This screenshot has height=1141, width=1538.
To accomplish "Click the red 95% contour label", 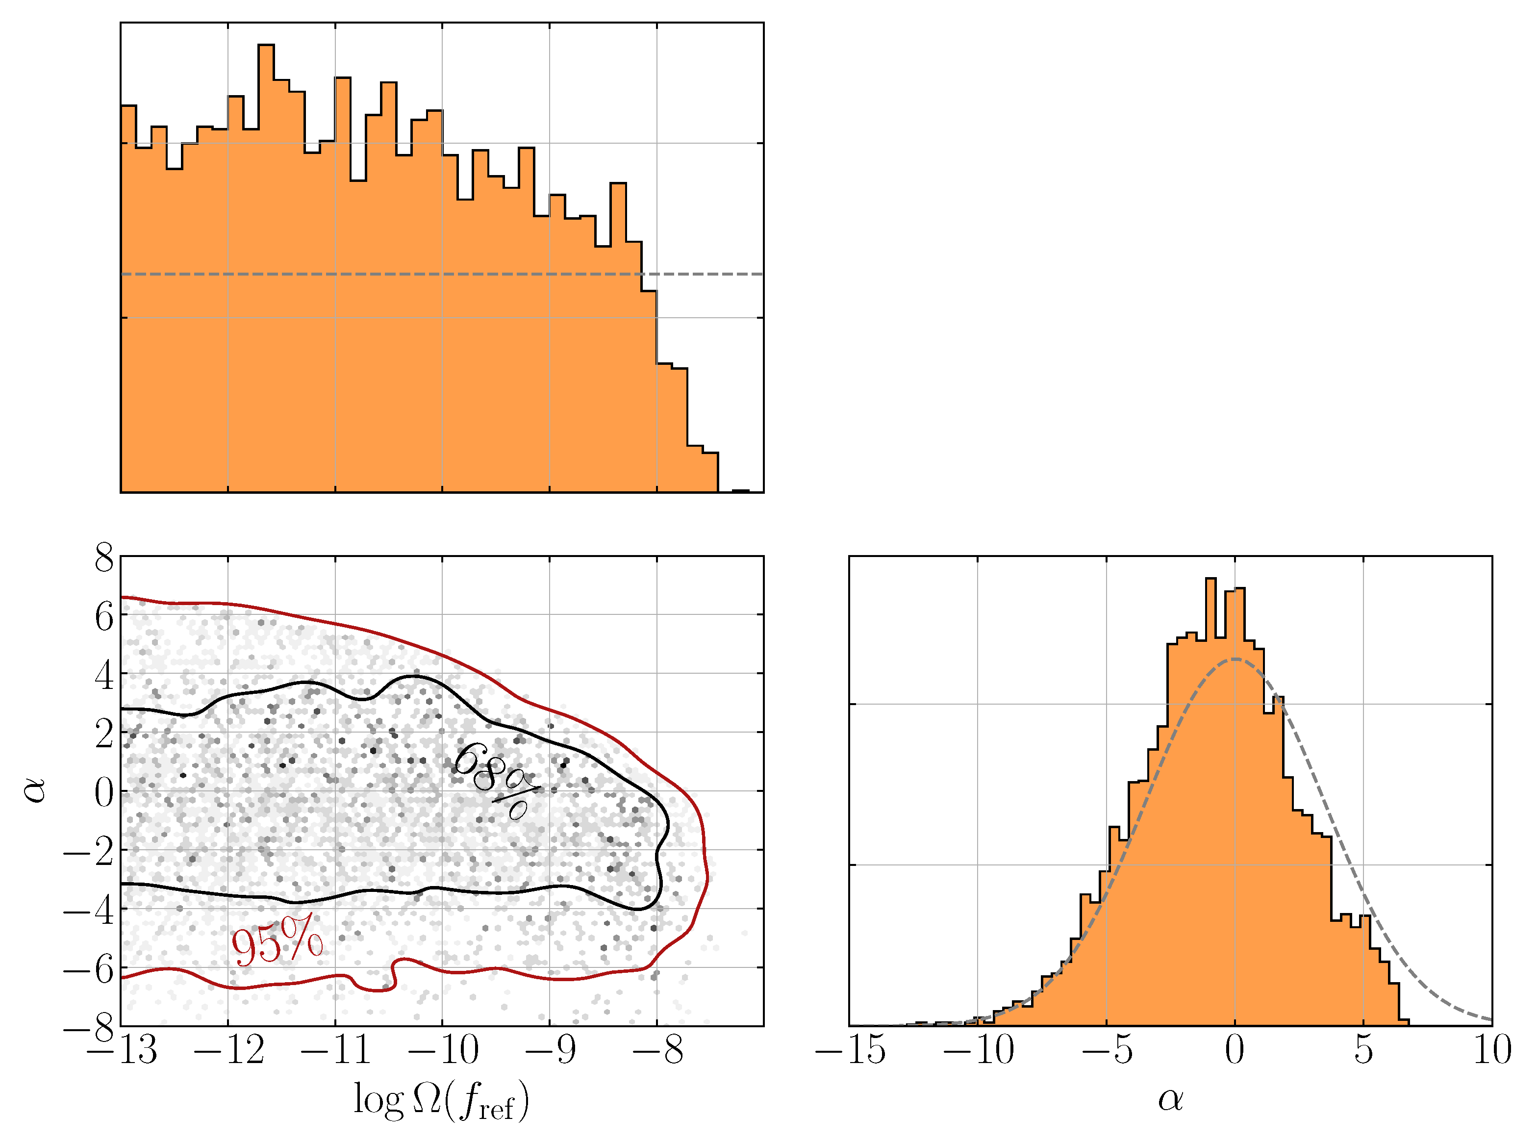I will tap(276, 941).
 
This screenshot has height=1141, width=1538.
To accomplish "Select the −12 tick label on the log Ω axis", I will tap(229, 1050).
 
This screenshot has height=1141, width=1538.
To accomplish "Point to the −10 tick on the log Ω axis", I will tap(443, 1050).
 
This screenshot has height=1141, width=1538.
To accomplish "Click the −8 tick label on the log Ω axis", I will tap(657, 1050).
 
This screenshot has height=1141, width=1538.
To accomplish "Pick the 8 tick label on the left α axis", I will tap(104, 558).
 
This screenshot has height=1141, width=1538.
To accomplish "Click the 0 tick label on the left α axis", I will tap(104, 793).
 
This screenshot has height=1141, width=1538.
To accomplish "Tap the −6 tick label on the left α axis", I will tap(88, 970).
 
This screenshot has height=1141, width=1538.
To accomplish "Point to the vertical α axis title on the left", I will tap(34, 789).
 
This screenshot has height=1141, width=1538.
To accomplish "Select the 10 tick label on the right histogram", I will tap(1492, 1050).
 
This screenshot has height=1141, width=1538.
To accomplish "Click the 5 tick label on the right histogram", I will tap(1363, 1050).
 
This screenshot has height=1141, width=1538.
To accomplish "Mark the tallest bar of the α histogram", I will tap(1210, 801).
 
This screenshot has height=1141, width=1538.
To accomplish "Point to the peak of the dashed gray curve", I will tap(1235, 659).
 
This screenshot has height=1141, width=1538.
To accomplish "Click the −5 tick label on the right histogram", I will tap(1107, 1050).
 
